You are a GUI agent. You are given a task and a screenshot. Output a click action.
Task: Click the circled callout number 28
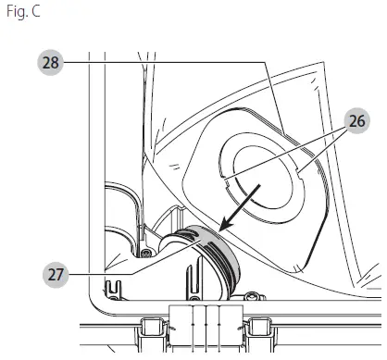coord(50,63)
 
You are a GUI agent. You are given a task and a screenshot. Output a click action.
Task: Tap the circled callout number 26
coord(357,120)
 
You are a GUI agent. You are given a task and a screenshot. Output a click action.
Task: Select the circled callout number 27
coord(56,275)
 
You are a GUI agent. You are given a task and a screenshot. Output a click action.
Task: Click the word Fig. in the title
coord(15,12)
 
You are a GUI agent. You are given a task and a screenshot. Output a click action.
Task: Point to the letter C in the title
coord(35,11)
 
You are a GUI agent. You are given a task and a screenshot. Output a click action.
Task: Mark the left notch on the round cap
coord(225,183)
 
